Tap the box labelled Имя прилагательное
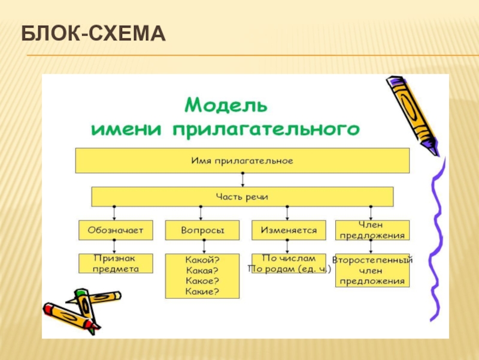pos(242,161)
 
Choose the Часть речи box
pos(242,196)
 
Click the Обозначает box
pos(116,230)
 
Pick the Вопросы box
pos(202,230)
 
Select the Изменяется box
pos(289,230)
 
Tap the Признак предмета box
pos(116,263)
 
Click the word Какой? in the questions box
pos(202,260)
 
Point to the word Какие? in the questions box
pos(202,292)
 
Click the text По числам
pos(289,259)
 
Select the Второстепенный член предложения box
pos(372,271)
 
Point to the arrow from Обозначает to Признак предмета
pos(115,247)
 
